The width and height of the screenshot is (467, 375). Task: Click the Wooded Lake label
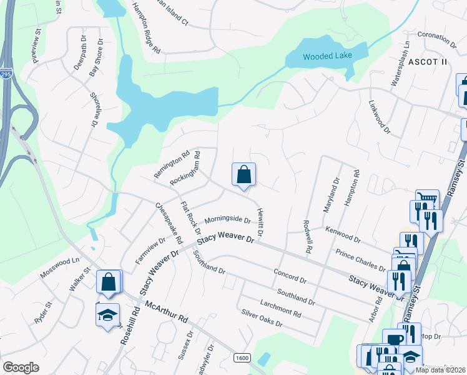click(328, 56)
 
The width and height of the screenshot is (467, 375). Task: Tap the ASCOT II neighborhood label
click(428, 61)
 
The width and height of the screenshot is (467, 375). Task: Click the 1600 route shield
click(243, 358)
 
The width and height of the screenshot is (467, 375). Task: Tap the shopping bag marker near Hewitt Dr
click(243, 176)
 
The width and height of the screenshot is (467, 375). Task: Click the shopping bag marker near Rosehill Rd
click(109, 282)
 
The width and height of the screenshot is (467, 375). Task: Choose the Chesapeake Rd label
click(169, 222)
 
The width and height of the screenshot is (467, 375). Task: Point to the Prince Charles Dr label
click(361, 260)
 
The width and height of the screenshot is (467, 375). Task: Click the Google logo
click(21, 367)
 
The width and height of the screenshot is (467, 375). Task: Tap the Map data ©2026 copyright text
click(440, 370)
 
